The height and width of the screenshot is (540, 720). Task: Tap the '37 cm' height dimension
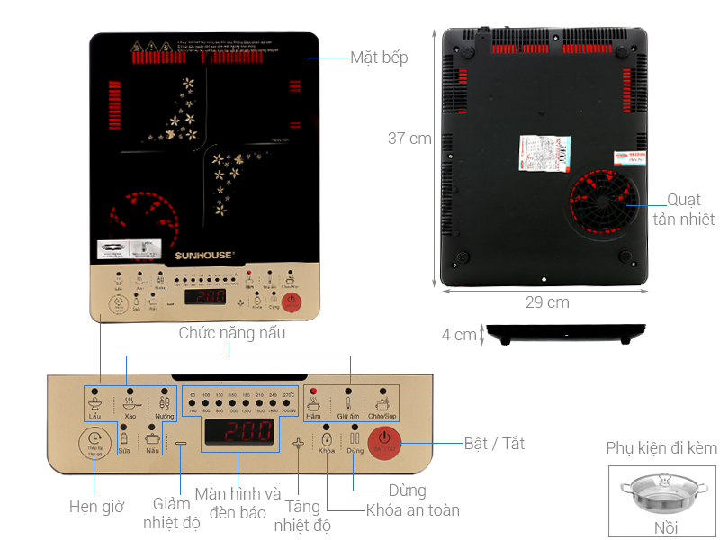(x=409, y=139)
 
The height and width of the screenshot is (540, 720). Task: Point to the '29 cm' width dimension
(x=547, y=302)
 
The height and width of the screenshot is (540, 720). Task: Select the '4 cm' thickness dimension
(x=459, y=335)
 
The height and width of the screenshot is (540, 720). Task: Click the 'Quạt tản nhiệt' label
(x=690, y=210)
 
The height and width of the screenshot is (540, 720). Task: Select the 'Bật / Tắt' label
(x=494, y=444)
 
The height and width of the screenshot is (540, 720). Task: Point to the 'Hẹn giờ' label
(x=96, y=507)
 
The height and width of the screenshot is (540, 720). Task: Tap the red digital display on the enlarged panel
(x=238, y=432)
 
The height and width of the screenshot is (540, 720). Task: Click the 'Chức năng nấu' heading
(x=232, y=333)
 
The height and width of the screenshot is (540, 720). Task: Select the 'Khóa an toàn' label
(x=413, y=510)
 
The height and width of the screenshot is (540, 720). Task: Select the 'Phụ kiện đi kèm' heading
(x=661, y=448)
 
